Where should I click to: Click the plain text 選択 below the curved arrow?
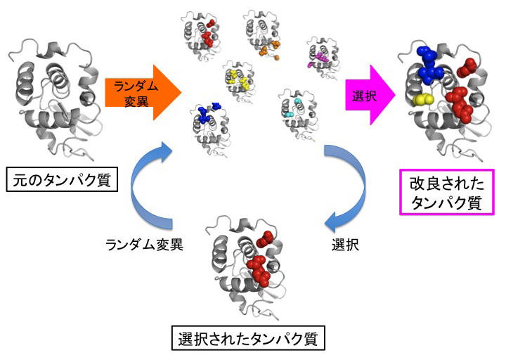point(346,246)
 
